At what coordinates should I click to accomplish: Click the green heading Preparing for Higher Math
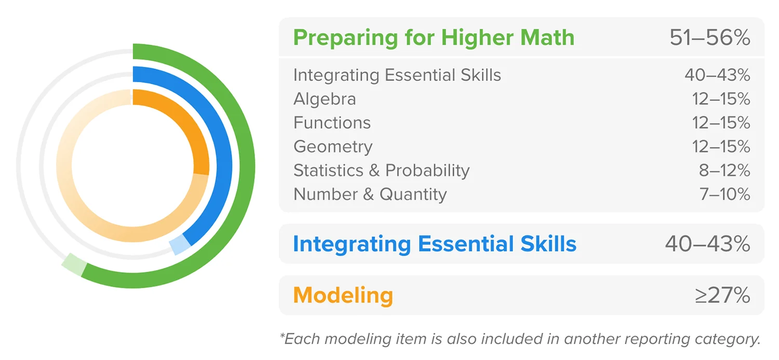point(433,38)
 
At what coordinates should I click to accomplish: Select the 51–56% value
point(710,37)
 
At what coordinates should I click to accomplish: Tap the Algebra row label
point(325,99)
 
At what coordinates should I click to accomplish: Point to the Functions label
point(332,123)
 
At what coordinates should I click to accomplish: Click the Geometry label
point(333,147)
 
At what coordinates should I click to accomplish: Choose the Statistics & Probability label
point(382,170)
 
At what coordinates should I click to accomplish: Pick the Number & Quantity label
point(370,194)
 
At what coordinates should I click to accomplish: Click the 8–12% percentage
point(724,170)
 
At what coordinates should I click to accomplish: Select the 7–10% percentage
point(725,194)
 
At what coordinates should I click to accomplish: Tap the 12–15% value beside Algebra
point(721,99)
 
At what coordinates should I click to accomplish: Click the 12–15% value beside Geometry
point(721,147)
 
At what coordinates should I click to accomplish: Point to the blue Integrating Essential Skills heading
point(435,244)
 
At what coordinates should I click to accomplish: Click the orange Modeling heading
point(343,295)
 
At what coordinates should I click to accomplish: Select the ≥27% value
point(723,295)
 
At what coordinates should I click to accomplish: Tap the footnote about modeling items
point(520,339)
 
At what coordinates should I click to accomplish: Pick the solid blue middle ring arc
point(224,164)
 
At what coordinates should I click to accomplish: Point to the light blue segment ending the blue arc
point(180,245)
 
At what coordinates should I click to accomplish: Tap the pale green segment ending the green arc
point(74,265)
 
